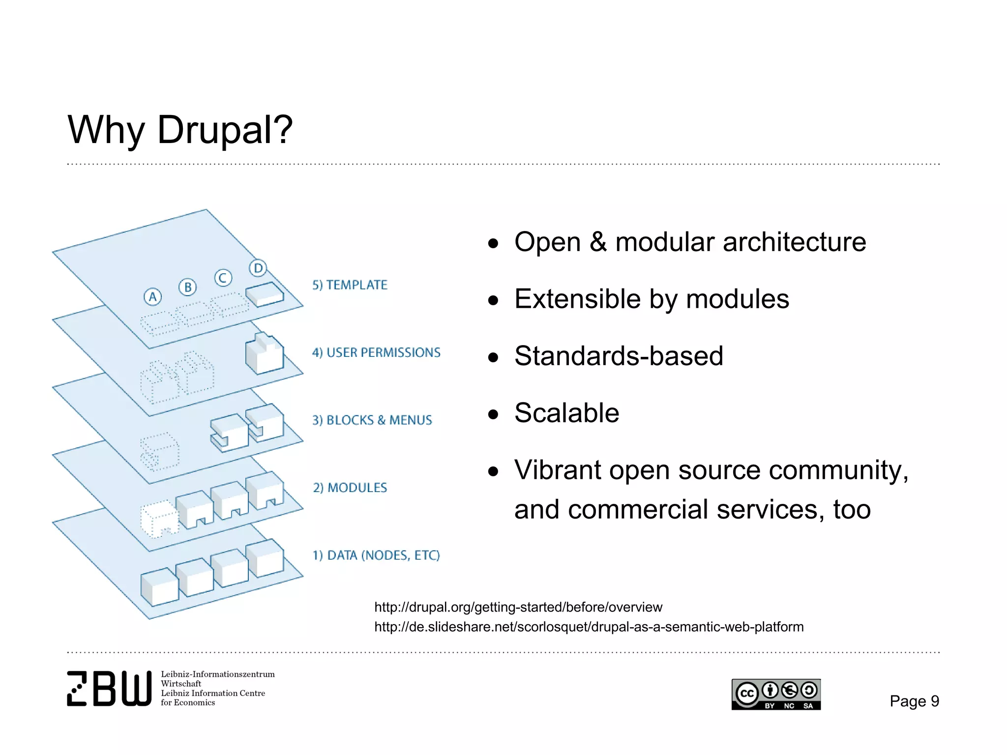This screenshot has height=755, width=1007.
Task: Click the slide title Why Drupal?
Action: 180,130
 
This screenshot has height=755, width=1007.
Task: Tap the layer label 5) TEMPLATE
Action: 350,285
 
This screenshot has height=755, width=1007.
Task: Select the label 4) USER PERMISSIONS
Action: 376,352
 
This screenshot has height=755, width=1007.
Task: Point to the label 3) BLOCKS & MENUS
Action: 372,420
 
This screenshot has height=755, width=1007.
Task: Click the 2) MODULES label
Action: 350,488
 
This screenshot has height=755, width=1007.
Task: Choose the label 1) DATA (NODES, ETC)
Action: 376,555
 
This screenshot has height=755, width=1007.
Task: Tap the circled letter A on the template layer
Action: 152,297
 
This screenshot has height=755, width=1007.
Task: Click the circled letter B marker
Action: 187,287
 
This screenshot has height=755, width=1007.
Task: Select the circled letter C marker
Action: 223,278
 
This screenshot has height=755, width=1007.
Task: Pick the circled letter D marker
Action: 258,268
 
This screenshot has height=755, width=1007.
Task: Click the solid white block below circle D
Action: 265,294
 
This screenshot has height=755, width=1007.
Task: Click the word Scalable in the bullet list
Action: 566,413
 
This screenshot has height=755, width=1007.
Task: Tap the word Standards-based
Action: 619,356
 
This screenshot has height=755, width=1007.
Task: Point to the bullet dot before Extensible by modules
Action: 493,300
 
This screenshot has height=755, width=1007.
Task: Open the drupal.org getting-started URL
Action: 518,608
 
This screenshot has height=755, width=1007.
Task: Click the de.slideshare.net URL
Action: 589,627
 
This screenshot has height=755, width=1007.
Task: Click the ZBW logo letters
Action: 109,689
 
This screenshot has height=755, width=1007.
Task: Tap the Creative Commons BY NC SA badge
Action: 776,695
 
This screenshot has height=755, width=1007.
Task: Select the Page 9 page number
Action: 914,701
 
